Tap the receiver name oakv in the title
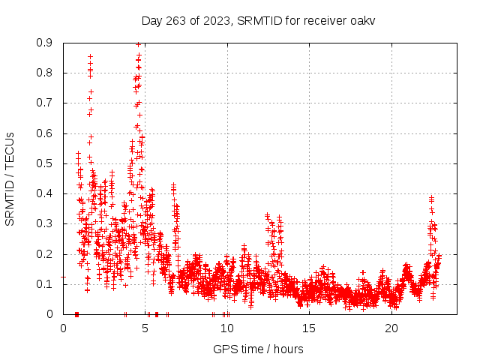362,21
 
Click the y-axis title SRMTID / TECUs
10,178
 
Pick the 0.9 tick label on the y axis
46,43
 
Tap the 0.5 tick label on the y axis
46,163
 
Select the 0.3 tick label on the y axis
46,223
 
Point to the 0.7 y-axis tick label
46,103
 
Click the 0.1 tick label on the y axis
46,284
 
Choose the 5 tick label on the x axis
145,328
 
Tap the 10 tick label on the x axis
227,328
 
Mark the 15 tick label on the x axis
309,328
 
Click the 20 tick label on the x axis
391,328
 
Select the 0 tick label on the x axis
63,328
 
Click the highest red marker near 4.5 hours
138,44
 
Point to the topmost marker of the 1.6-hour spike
90,56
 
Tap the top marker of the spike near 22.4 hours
431,197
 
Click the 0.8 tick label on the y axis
46,73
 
